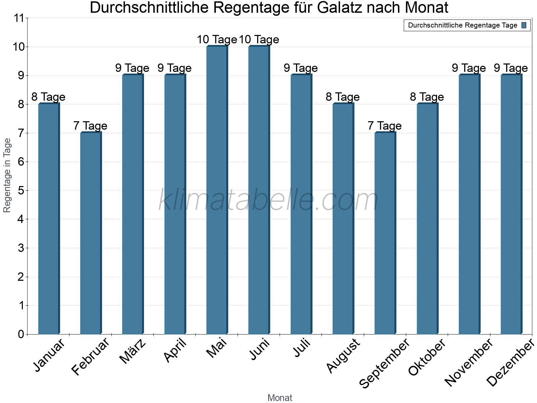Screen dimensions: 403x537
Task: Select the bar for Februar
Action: coord(91,233)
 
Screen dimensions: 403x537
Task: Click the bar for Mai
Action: coord(217,190)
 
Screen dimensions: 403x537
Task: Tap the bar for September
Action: coord(385,233)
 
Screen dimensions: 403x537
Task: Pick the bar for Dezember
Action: coord(511,205)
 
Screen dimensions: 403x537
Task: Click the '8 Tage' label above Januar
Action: coord(48,97)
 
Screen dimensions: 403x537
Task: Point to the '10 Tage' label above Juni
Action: coord(259,40)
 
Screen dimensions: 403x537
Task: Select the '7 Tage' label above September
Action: coord(385,126)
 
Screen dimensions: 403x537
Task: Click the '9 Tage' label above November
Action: coord(469,68)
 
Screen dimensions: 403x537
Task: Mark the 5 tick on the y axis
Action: coord(21,191)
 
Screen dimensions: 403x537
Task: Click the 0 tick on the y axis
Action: coord(21,334)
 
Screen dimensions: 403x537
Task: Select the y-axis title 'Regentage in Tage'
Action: coord(7,175)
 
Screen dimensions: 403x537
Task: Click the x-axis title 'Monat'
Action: coord(280,398)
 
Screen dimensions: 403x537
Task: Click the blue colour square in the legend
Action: coord(524,25)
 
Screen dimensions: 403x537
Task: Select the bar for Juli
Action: coord(301,205)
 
